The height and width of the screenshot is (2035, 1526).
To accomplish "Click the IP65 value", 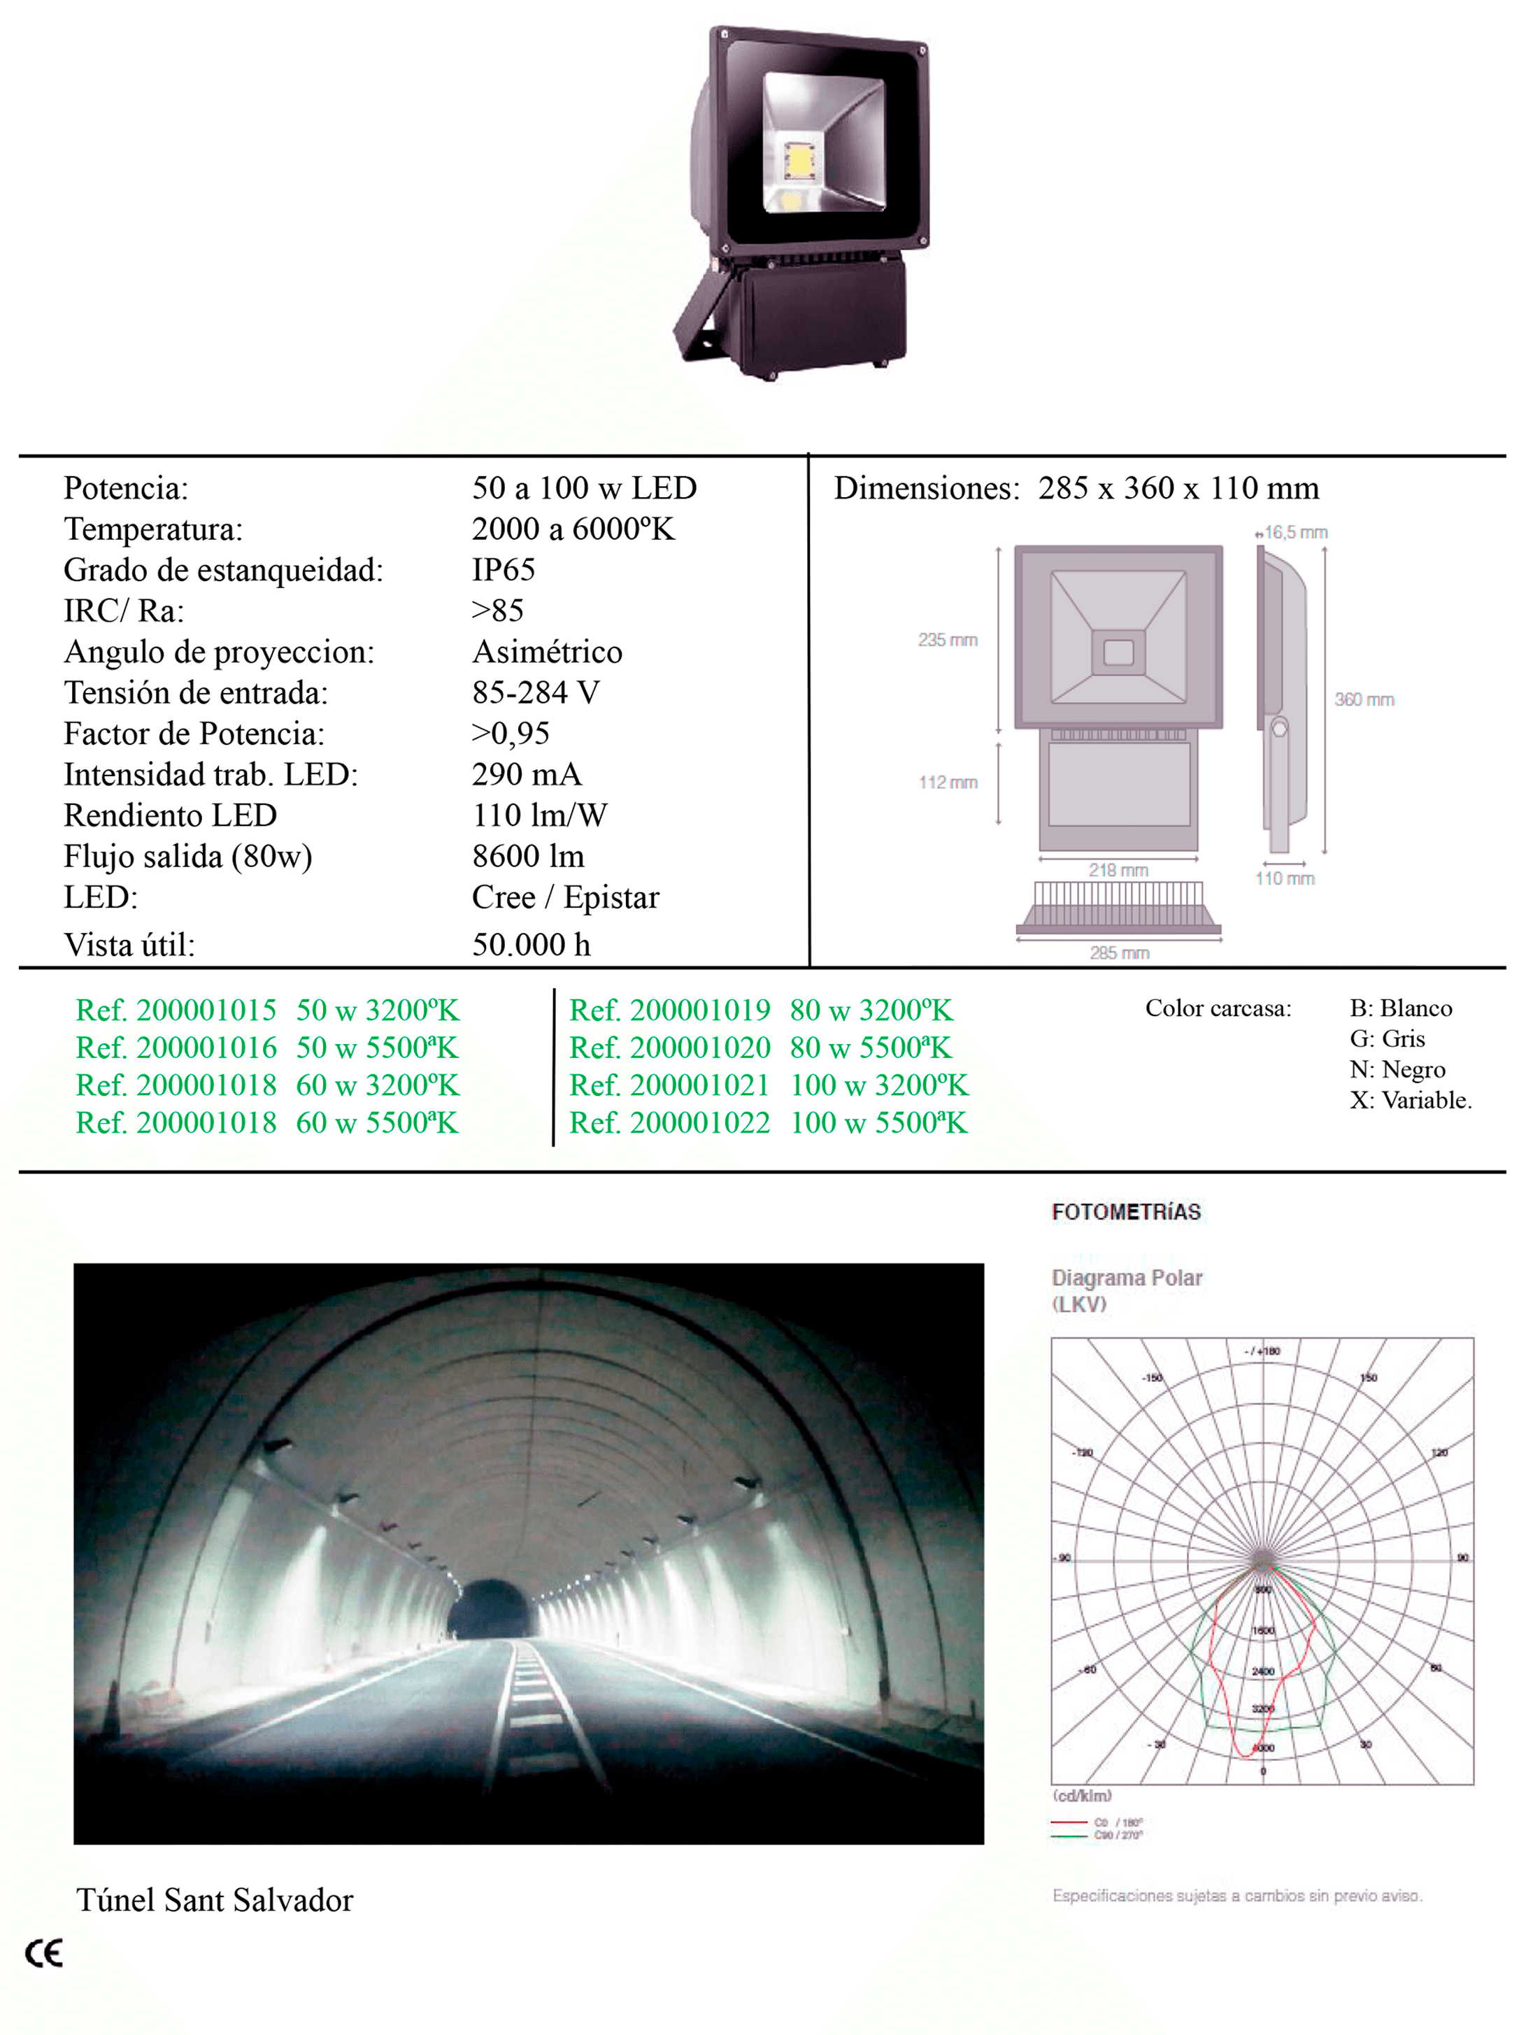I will (x=503, y=571).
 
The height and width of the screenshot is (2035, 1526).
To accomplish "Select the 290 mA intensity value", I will (x=526, y=775).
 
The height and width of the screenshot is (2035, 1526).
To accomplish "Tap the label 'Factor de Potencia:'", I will (x=194, y=734).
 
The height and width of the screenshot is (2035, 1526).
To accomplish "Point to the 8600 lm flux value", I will (x=528, y=857).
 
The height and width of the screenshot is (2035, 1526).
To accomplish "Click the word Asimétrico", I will (x=548, y=652).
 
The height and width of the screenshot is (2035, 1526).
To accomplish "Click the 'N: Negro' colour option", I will (x=1397, y=1070).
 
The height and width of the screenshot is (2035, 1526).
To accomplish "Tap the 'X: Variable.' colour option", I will (x=1410, y=1100).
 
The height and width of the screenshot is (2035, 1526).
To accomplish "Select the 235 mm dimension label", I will (x=948, y=639).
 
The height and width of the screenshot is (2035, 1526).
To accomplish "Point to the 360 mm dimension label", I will (x=1364, y=699).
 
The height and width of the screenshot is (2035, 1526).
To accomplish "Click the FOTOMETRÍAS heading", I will (x=1126, y=1212).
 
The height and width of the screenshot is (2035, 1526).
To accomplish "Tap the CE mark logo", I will (x=43, y=1953).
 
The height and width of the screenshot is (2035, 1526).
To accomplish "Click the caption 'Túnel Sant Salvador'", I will (x=214, y=1901).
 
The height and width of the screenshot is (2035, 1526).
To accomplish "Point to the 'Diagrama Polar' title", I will (x=1127, y=1278).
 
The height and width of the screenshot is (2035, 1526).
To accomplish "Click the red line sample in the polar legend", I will (x=1069, y=1822).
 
